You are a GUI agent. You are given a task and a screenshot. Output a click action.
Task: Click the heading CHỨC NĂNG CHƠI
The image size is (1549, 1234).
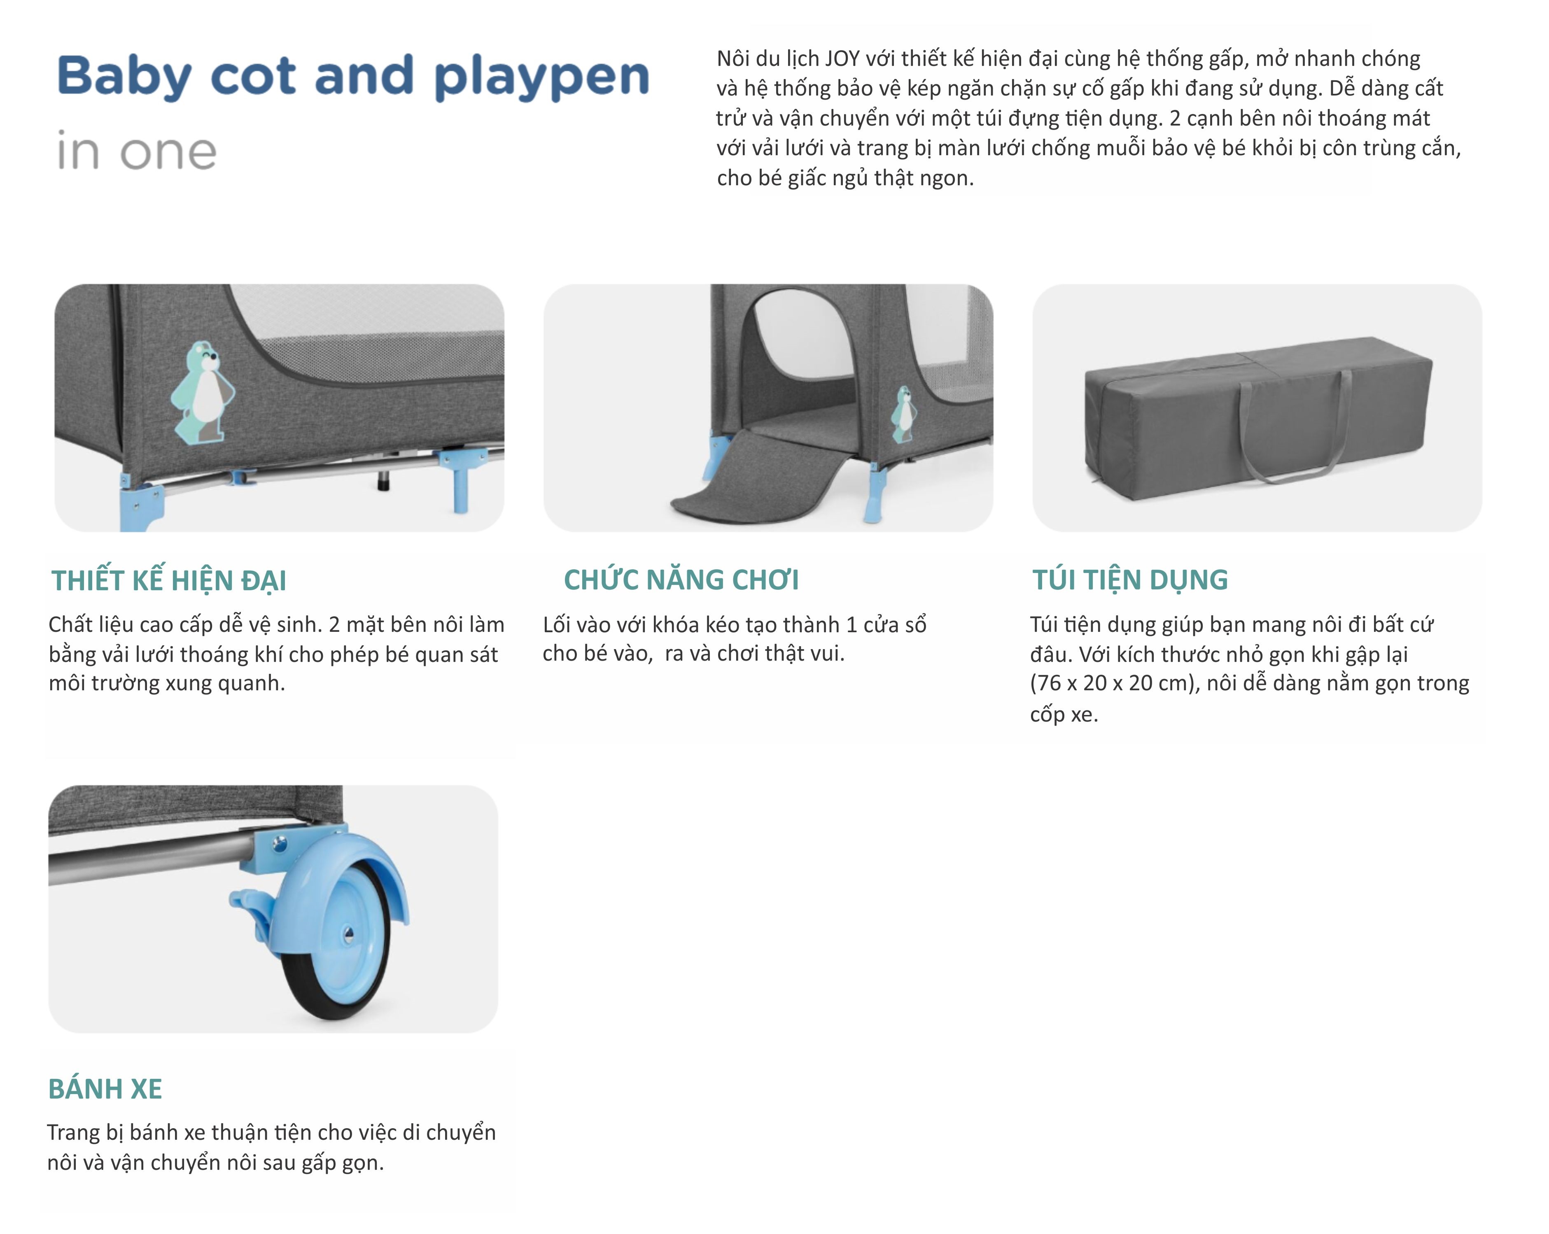[680, 580]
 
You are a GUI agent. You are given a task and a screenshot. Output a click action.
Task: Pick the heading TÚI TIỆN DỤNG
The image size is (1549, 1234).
[1129, 580]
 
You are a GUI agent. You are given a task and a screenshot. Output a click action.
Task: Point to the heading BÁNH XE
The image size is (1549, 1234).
[105, 1089]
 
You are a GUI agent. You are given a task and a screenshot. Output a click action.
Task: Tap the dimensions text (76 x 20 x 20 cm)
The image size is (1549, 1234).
[1114, 683]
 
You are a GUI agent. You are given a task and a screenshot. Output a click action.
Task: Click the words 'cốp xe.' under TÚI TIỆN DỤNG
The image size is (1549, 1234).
[1063, 715]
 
